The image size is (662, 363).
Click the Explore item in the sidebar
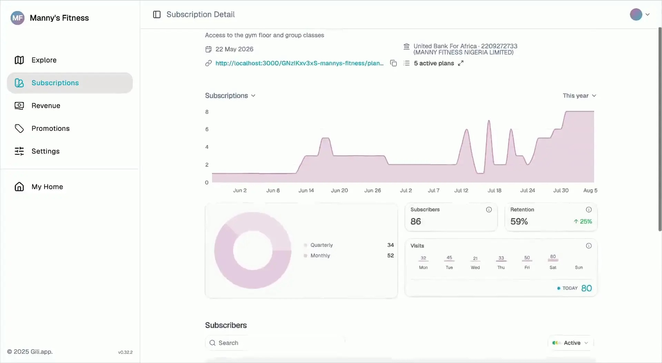pos(36,60)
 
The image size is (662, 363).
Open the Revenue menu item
pos(37,106)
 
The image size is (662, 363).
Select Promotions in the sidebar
pos(42,128)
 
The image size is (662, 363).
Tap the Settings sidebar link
pos(37,151)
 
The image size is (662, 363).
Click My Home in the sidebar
pos(39,187)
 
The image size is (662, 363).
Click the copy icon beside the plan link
pos(393,63)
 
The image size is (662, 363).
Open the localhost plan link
pos(299,63)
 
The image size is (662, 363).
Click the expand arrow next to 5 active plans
pos(461,63)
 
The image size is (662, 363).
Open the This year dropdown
pos(579,96)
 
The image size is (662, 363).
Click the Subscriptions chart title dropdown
pos(230,96)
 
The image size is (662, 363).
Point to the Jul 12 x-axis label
pos(461,190)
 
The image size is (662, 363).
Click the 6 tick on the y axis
pos(207,129)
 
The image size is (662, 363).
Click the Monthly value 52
pos(390,256)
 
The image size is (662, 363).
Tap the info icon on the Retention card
pos(589,209)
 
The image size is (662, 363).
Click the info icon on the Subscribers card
pos(489,209)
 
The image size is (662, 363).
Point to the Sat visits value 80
pos(553,256)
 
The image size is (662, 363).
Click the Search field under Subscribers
pos(275,343)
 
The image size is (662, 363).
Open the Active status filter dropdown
pos(571,343)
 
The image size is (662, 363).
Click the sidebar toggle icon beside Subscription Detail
pos(157,14)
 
